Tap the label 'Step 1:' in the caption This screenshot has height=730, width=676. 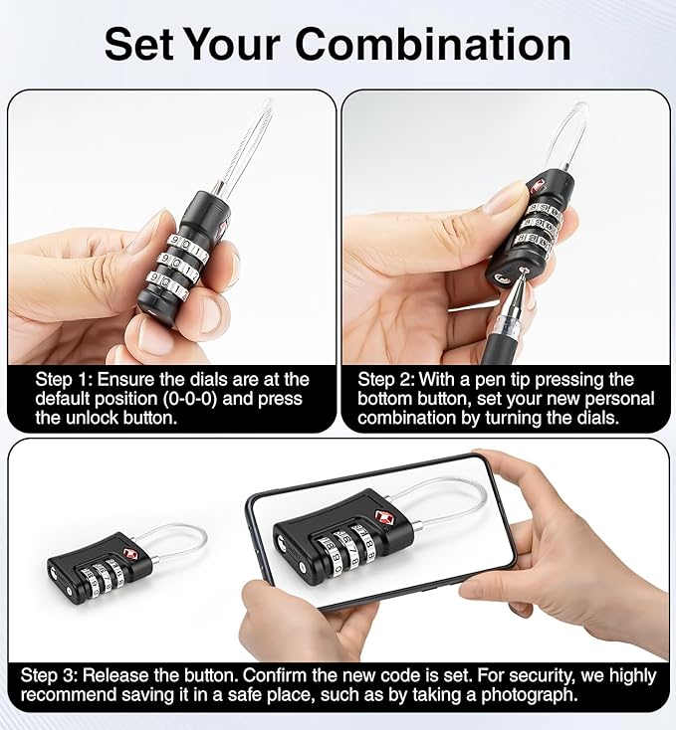[x=68, y=380]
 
